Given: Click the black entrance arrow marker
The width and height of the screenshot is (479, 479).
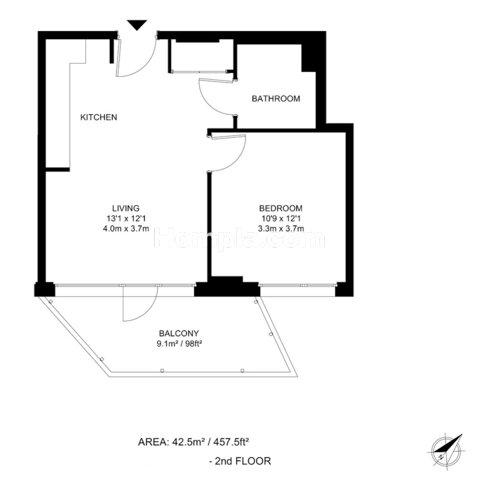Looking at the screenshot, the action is tap(137, 25).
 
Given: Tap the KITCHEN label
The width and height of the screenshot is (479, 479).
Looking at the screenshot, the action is tap(99, 117).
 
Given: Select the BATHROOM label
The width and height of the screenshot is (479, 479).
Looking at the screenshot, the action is tap(276, 99).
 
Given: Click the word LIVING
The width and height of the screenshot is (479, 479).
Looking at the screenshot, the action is tap(126, 208).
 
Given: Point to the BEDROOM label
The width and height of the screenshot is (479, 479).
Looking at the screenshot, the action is tap(281, 208).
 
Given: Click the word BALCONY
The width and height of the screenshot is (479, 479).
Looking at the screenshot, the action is tap(179, 333).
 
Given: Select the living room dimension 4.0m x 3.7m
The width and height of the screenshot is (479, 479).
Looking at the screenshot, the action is tap(126, 228).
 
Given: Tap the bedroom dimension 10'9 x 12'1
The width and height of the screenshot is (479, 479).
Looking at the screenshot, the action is tap(281, 218).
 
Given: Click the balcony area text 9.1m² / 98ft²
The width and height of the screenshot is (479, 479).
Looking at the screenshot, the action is tap(180, 344).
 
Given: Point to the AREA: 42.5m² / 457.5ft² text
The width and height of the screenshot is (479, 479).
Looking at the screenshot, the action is tap(193, 442).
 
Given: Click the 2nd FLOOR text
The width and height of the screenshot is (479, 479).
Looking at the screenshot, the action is tap(239, 461).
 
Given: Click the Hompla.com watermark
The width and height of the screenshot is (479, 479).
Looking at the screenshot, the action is tap(239, 238).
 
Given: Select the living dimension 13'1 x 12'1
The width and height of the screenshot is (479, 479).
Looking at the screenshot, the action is tap(126, 218).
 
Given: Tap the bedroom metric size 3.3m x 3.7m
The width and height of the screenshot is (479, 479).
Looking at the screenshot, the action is tap(281, 228).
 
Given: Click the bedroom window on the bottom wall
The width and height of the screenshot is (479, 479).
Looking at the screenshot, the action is tap(298, 285).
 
